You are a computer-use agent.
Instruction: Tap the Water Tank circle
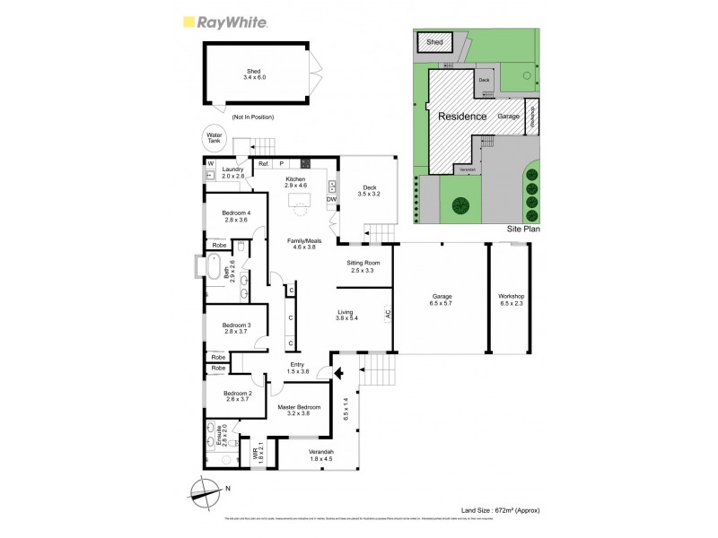(215, 139)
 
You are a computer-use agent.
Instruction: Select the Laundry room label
(233, 172)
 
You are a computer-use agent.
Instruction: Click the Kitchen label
(296, 183)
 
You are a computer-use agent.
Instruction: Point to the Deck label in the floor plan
(369, 190)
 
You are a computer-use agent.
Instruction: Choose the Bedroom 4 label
(236, 215)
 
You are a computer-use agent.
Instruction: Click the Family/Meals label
(303, 244)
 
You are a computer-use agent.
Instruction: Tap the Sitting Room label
(365, 266)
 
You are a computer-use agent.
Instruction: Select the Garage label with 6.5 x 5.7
(441, 299)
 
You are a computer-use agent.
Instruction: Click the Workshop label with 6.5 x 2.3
(512, 299)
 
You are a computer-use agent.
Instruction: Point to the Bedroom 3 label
(236, 328)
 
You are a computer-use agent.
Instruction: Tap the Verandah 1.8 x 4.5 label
(320, 455)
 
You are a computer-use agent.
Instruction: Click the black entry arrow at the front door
(339, 371)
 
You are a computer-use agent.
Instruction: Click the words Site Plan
(525, 230)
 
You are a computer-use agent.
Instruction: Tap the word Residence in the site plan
(462, 117)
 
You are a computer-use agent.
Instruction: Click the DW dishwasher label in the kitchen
(331, 199)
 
